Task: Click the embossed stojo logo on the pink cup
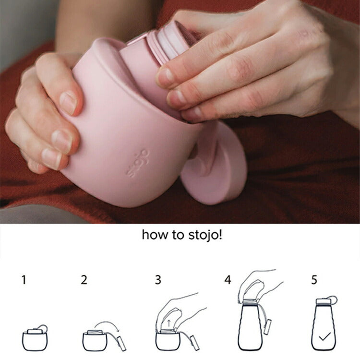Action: pyautogui.click(x=138, y=163)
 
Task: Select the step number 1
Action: pyautogui.click(x=24, y=280)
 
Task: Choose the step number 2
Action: pyautogui.click(x=84, y=280)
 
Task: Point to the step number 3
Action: pyautogui.click(x=158, y=280)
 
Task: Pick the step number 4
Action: pyautogui.click(x=228, y=280)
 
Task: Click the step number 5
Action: pyautogui.click(x=314, y=280)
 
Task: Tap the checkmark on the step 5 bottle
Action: pyautogui.click(x=324, y=336)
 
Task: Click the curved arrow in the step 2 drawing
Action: pyautogui.click(x=108, y=322)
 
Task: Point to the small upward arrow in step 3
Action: pyautogui.click(x=169, y=324)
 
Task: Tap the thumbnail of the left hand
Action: pyautogui.click(x=68, y=103)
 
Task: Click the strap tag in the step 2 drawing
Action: pyautogui.click(x=122, y=343)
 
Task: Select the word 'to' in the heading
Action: pyautogui.click(x=179, y=235)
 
